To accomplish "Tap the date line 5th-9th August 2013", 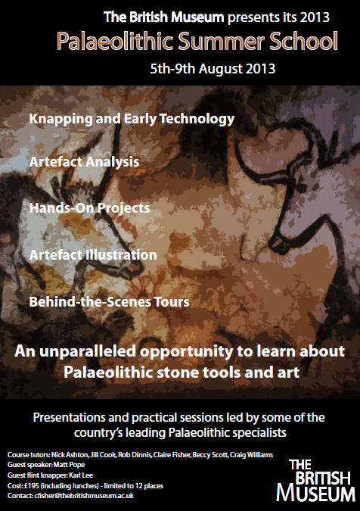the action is click(213, 69).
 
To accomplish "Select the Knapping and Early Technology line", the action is click(132, 120).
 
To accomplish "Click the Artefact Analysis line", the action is click(84, 162).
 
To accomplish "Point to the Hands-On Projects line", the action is click(89, 208).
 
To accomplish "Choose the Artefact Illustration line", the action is click(93, 254).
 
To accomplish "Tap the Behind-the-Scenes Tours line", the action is click(110, 301).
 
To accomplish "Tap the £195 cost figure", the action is click(31, 485).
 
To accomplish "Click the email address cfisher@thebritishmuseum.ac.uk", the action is click(84, 496).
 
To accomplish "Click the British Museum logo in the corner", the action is click(315, 480).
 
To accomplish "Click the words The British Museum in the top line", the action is click(163, 17).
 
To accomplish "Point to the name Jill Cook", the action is click(103, 455).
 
